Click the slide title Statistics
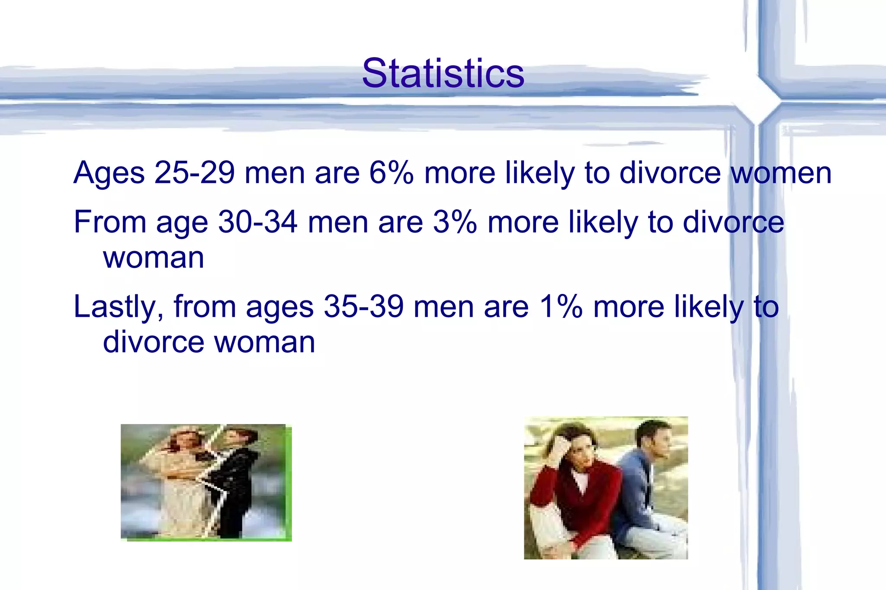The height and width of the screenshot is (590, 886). click(443, 73)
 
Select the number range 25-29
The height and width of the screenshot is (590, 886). click(194, 173)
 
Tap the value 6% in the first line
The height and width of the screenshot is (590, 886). click(391, 173)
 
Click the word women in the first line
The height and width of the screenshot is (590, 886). click(781, 173)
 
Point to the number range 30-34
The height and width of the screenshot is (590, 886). click(258, 222)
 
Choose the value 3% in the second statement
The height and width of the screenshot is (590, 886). click(454, 222)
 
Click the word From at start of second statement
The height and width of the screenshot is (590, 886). click(110, 222)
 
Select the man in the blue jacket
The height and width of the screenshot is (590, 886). click(640, 488)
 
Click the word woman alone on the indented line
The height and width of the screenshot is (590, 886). click(153, 258)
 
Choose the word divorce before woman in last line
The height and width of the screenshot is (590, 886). click(153, 342)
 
